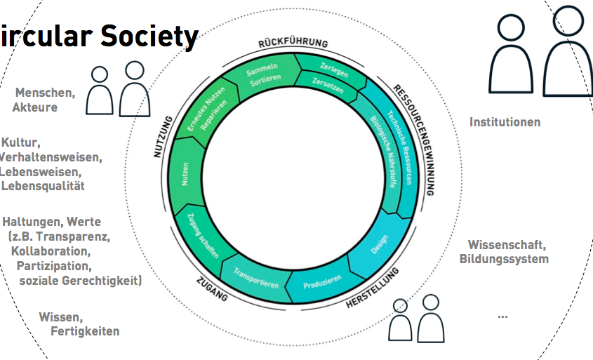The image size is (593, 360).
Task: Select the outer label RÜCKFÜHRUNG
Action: pos(293,44)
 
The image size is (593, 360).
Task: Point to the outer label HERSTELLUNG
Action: pos(373,288)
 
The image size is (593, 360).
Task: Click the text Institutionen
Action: pos(505,122)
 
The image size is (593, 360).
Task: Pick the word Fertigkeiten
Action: pos(85,331)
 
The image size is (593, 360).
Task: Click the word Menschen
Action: pos(45,93)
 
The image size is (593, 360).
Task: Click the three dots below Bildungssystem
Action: pos(502,316)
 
